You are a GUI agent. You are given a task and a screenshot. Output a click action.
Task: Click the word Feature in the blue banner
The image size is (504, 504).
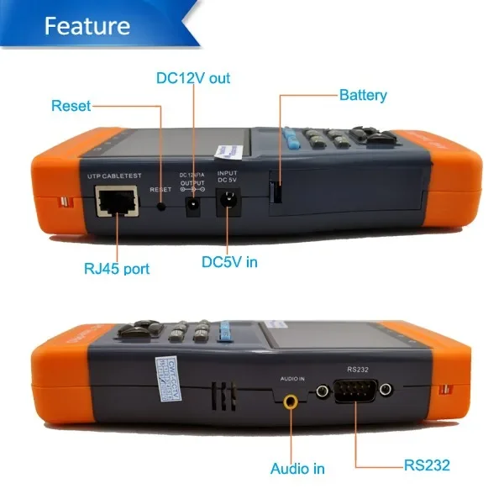point(87,25)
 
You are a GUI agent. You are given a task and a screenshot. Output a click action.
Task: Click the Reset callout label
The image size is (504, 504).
point(71,106)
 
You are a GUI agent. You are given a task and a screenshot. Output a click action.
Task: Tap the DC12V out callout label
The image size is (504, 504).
point(193,78)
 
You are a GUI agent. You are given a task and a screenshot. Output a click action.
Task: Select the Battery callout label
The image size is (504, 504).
point(363,95)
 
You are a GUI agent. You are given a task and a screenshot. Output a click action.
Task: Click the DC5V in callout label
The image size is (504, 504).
point(229,262)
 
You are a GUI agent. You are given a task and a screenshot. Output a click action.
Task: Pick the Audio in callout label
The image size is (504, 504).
point(297,468)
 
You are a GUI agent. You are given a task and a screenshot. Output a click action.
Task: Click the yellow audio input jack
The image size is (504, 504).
point(291,402)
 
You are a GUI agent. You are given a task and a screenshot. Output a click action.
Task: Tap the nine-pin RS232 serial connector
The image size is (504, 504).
point(354,391)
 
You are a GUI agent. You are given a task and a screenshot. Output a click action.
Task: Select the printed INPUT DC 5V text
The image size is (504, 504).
point(227,176)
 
